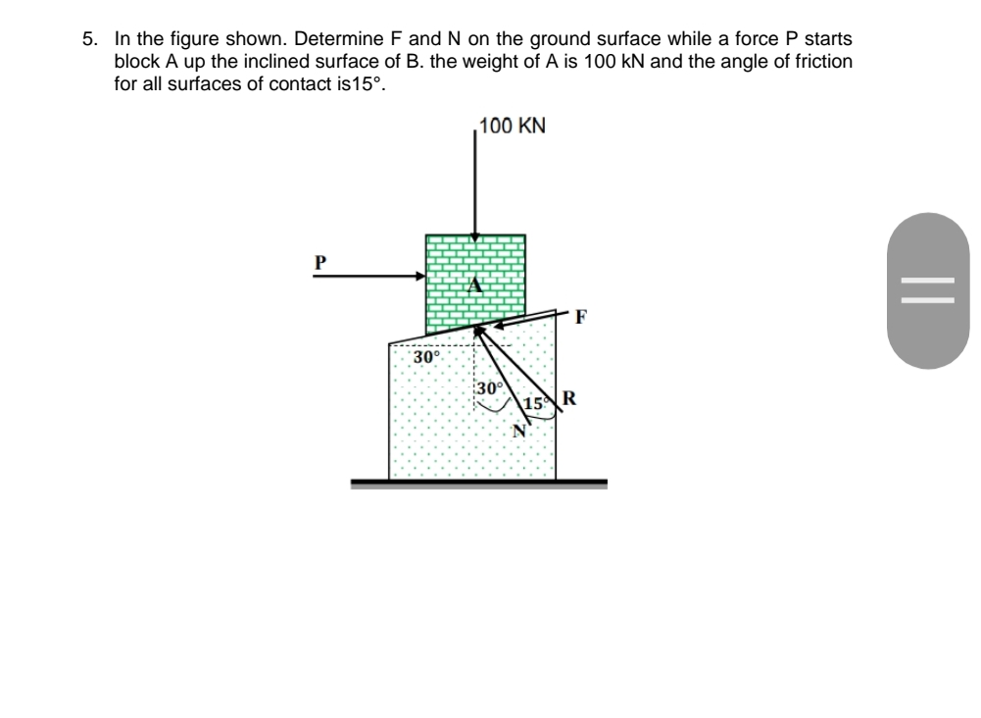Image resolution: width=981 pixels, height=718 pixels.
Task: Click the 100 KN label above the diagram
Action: tap(514, 127)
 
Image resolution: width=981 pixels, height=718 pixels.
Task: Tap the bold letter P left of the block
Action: tap(319, 262)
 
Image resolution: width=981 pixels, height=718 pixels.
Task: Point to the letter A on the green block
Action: tap(475, 285)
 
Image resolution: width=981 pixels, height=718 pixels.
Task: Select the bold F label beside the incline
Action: tap(582, 317)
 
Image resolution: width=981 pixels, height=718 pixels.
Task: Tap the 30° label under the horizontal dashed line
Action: tap(425, 358)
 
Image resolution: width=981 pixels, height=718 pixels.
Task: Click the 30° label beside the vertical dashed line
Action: tap(489, 388)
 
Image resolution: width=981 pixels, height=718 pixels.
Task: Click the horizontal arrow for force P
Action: tap(368, 277)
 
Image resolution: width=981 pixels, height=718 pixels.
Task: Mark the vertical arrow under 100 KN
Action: tap(474, 186)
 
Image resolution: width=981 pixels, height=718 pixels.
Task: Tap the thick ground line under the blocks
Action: tap(479, 483)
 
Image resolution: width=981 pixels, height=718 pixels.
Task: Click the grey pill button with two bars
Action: tap(928, 291)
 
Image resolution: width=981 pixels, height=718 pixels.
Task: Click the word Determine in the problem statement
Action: tap(338, 40)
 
